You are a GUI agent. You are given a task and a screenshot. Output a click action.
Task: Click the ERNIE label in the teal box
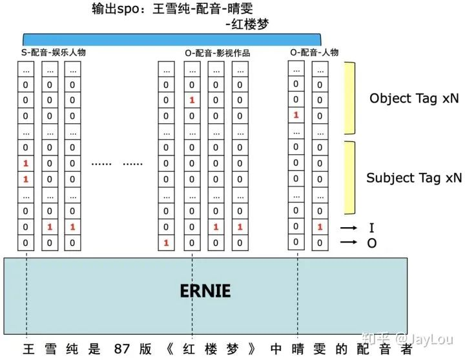click(x=205, y=291)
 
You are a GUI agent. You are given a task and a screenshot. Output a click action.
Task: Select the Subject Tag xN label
click(x=414, y=177)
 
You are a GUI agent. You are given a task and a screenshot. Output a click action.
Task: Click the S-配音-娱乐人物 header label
click(x=53, y=52)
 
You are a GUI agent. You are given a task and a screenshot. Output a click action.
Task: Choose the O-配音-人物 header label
click(x=314, y=52)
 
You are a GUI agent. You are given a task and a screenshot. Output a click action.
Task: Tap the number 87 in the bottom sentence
click(x=120, y=349)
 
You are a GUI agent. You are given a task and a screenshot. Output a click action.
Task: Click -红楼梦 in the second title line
click(x=247, y=25)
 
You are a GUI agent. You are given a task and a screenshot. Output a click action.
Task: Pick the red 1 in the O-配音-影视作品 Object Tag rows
click(x=192, y=100)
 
